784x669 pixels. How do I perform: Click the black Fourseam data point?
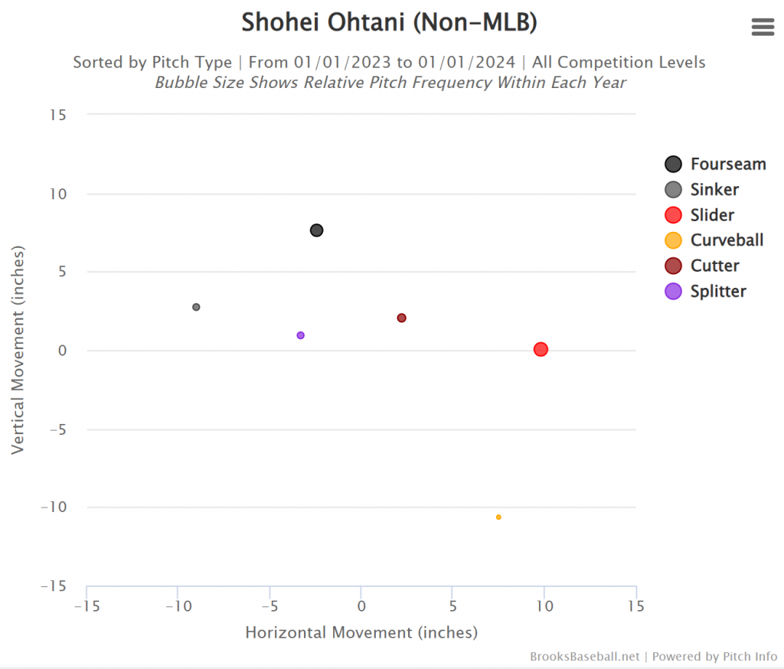click(x=316, y=230)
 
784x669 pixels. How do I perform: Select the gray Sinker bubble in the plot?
click(x=196, y=307)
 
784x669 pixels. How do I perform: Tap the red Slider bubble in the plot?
click(x=541, y=349)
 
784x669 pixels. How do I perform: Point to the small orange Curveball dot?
click(x=498, y=517)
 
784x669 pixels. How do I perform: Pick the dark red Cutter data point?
click(x=401, y=318)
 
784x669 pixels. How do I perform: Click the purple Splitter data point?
click(x=300, y=335)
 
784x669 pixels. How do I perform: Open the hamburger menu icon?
click(x=763, y=28)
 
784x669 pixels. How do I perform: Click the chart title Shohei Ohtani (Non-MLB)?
click(x=389, y=23)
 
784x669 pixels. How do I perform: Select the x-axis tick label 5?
click(x=452, y=606)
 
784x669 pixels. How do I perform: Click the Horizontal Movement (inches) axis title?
click(x=361, y=632)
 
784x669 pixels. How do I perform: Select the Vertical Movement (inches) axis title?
click(x=18, y=350)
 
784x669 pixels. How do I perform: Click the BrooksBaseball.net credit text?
click(x=584, y=657)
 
